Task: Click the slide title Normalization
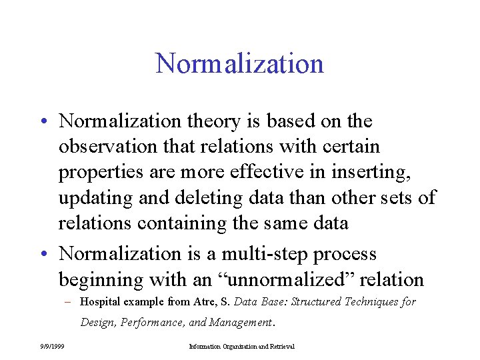pyautogui.click(x=239, y=63)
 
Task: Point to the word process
pyautogui.click(x=347, y=254)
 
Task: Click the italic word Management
pyautogui.click(x=241, y=323)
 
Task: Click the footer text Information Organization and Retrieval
pyautogui.click(x=241, y=347)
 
